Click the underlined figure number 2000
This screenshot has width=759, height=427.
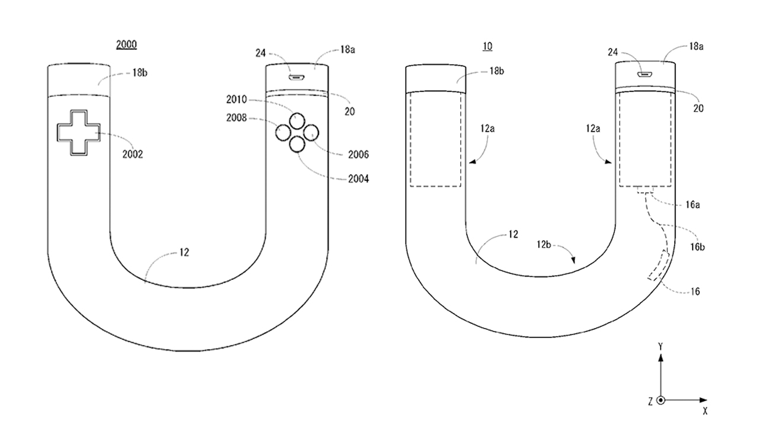click(126, 44)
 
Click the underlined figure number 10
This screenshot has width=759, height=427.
click(487, 46)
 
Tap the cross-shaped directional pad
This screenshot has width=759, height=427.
click(79, 133)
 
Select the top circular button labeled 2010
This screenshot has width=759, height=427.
click(297, 120)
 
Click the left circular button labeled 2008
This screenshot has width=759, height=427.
click(283, 132)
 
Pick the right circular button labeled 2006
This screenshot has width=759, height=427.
click(311, 133)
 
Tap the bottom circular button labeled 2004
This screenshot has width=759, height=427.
click(297, 144)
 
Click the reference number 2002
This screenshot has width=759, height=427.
click(132, 155)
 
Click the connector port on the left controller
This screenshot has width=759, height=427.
click(296, 78)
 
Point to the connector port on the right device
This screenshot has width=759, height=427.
click(645, 74)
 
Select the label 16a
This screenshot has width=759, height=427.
click(693, 205)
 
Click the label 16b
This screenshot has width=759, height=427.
click(697, 247)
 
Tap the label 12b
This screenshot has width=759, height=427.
click(544, 244)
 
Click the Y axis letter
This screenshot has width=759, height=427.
click(661, 347)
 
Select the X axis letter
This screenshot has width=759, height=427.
click(705, 411)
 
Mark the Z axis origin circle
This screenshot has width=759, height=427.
click(661, 400)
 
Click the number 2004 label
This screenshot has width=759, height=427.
click(359, 179)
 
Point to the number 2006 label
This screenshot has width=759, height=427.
click(359, 155)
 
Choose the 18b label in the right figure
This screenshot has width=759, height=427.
click(497, 71)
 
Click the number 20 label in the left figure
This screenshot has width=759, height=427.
click(350, 111)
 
